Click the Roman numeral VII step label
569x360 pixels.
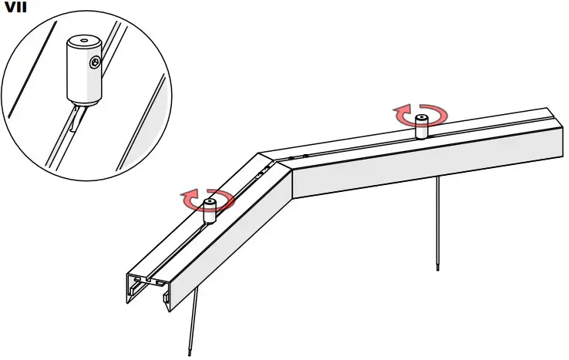[x=15, y=8]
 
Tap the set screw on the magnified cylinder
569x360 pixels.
[x=93, y=62]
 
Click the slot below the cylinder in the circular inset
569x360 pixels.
[x=73, y=119]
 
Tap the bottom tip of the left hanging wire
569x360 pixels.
[x=189, y=353]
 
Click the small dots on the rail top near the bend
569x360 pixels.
[x=266, y=169]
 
